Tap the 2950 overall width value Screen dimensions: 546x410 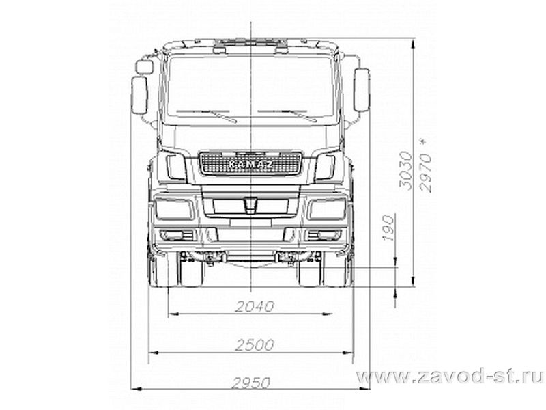click(x=251, y=383)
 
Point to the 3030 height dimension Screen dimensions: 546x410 click(x=405, y=170)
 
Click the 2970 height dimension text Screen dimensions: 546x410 click(x=426, y=173)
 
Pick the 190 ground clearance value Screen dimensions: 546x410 click(x=388, y=228)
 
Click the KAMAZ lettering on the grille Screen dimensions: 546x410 click(x=250, y=165)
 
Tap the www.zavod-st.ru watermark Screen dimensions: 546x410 click(x=450, y=377)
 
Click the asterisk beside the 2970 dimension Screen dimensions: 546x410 click(x=422, y=142)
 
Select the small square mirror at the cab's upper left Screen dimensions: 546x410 click(x=144, y=66)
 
